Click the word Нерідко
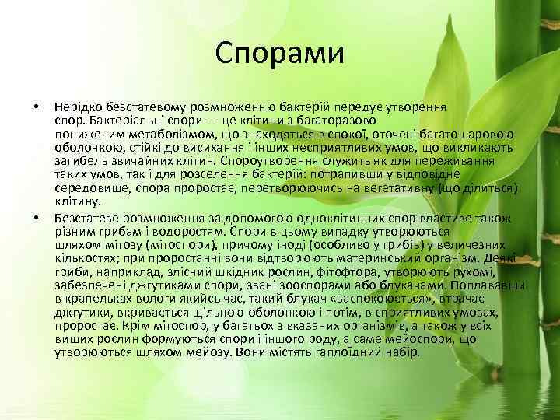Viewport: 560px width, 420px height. point(76,107)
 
